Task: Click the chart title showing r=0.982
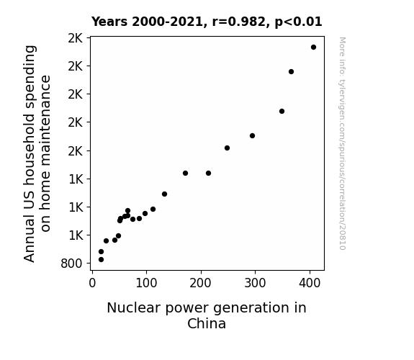(x=207, y=22)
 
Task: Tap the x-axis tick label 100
(x=146, y=283)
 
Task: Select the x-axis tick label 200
(x=200, y=283)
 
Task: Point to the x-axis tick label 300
(x=255, y=283)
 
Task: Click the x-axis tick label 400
(x=310, y=283)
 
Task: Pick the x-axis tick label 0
(x=92, y=283)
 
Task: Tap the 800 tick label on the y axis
(x=71, y=264)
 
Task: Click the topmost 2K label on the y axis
(x=76, y=38)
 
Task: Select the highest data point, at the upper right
(x=313, y=48)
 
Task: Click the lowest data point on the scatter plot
(x=101, y=260)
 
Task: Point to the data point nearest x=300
(x=252, y=136)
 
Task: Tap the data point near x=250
(x=227, y=148)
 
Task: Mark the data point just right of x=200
(x=208, y=174)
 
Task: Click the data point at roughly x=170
(x=185, y=174)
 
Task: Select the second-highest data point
(x=291, y=72)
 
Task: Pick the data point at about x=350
(x=282, y=112)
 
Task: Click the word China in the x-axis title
(x=207, y=323)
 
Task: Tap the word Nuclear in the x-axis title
(x=134, y=308)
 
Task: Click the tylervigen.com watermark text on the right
(x=342, y=143)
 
